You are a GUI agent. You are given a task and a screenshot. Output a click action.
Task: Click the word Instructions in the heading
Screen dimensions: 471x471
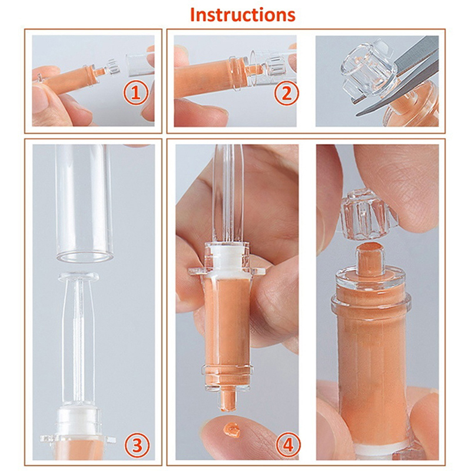pos(243,14)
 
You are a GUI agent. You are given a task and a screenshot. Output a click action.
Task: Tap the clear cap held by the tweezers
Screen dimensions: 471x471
pos(368,69)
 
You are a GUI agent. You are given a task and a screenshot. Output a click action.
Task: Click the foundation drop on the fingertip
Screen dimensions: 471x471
pos(232,430)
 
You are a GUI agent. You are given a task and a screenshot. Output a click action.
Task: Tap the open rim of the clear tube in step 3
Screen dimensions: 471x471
pos(85,256)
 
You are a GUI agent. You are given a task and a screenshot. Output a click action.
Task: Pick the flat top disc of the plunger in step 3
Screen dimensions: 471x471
pos(79,277)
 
